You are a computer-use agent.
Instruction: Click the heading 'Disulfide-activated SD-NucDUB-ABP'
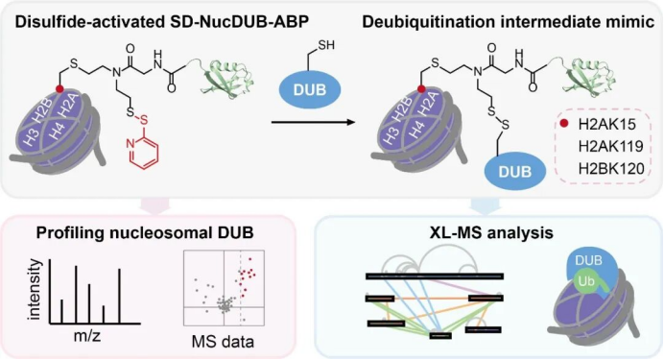(162, 22)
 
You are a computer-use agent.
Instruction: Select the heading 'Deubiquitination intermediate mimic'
(509, 22)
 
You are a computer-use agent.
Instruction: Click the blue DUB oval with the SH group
(310, 89)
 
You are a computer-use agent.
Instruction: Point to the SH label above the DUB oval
(325, 45)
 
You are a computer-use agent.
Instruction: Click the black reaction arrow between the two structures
(313, 123)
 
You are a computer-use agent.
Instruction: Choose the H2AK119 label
(610, 147)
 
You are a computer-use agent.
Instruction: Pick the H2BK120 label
(611, 169)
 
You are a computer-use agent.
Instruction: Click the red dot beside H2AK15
(563, 124)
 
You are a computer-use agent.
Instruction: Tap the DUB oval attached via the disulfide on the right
(515, 171)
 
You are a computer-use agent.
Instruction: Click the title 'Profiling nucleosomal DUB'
(145, 232)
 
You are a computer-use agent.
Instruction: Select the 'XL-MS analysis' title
(491, 232)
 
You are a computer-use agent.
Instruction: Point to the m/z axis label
(87, 336)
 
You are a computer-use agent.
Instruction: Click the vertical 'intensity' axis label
(35, 290)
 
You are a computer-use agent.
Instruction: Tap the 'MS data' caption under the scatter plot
(223, 342)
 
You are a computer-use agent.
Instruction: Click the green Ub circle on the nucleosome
(586, 281)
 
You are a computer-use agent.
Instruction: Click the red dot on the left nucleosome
(59, 89)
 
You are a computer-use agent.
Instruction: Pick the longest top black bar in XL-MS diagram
(435, 276)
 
